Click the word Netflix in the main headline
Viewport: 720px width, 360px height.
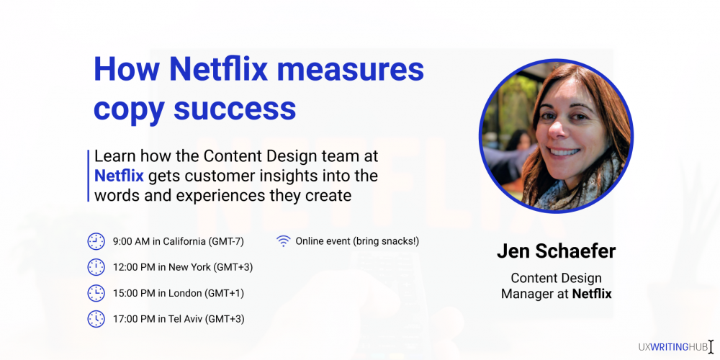[x=219, y=69]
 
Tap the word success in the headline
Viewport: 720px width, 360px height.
[x=235, y=109]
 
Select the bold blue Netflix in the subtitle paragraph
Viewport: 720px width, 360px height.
[x=119, y=176]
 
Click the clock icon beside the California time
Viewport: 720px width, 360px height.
[x=96, y=241]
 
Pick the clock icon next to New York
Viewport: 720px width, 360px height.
[x=96, y=267]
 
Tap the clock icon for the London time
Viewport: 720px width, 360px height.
[x=96, y=293]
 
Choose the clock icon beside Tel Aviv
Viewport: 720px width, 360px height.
[x=96, y=319]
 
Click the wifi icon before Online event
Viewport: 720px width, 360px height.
[x=283, y=241]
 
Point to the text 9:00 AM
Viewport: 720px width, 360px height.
[x=131, y=241]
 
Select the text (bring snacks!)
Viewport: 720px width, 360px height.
[x=386, y=241]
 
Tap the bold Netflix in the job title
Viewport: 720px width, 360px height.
[x=592, y=294]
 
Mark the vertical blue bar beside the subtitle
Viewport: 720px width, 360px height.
[x=88, y=176]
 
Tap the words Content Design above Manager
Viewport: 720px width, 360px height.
[x=556, y=278]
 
